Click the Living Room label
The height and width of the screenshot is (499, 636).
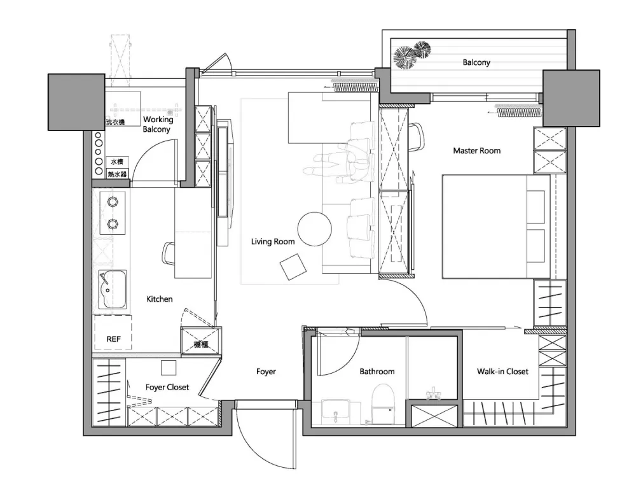273,242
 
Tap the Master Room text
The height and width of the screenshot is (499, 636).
476,151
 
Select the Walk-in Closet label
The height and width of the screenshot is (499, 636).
502,372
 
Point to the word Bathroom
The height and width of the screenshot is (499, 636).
377,372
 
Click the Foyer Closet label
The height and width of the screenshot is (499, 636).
167,388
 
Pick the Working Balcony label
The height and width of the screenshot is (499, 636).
158,124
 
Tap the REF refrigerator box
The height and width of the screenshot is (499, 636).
113,332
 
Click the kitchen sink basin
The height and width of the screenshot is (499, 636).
113,289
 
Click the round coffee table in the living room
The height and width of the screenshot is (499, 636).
314,229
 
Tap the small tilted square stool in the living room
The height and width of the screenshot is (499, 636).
293,267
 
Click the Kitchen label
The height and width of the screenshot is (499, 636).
160,299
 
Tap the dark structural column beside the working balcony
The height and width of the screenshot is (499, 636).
77,102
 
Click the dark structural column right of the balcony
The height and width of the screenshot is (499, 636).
571,98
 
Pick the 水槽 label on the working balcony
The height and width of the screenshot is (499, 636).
117,162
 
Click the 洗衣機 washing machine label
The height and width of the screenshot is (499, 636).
115,122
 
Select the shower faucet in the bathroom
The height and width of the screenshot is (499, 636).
433,394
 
